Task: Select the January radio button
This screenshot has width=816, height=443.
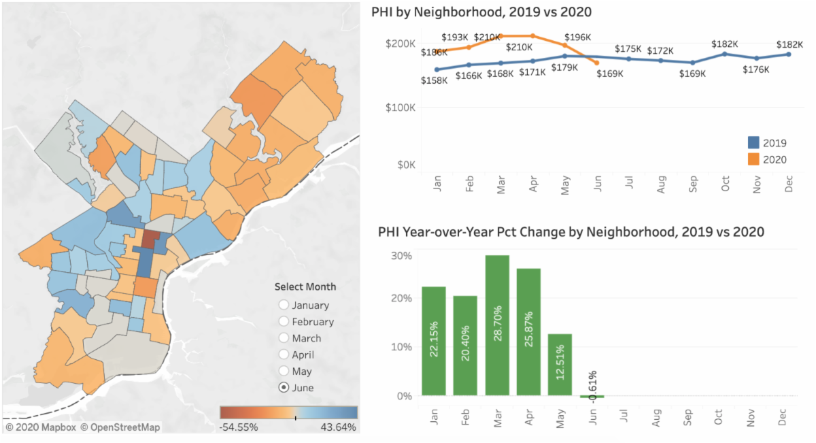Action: click(284, 305)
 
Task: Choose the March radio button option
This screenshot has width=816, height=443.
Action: click(284, 338)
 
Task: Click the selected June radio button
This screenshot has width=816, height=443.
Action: click(284, 387)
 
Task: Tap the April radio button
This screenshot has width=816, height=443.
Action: click(284, 354)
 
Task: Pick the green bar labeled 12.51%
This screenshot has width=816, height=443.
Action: click(560, 365)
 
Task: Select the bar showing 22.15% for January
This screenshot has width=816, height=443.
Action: click(434, 341)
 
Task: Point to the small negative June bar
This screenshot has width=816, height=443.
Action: click(592, 397)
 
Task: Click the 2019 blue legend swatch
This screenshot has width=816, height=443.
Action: click(753, 143)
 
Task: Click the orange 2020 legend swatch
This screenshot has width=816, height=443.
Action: click(753, 159)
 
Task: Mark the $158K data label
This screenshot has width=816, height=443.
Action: click(434, 80)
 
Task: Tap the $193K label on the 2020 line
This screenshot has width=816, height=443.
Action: click(455, 37)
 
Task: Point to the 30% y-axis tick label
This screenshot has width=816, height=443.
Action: click(401, 256)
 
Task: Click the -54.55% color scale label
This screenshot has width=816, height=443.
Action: click(239, 427)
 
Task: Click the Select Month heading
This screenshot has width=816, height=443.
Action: click(305, 286)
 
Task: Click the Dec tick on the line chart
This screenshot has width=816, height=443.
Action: click(789, 184)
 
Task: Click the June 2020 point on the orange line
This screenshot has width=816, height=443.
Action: click(596, 63)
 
